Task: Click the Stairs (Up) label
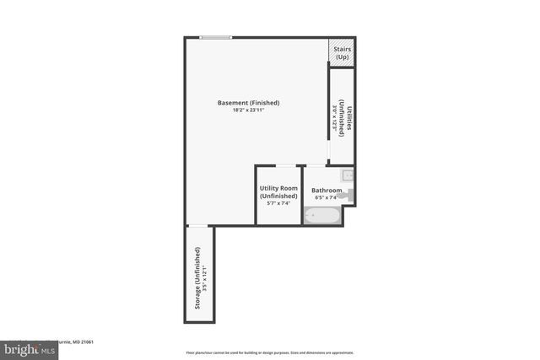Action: tap(342, 52)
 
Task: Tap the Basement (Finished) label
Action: tap(248, 103)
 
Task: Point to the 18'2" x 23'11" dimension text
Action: tap(248, 110)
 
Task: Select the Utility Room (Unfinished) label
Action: tap(278, 191)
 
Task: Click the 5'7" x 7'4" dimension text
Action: tap(278, 203)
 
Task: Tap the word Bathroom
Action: tap(327, 191)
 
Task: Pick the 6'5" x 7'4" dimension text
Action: tap(327, 198)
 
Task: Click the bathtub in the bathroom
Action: tap(321, 216)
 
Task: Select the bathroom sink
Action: tap(348, 175)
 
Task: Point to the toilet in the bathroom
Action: tap(349, 195)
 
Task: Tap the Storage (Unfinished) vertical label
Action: tap(197, 278)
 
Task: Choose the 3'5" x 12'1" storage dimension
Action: tap(204, 278)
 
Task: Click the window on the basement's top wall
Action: tap(216, 37)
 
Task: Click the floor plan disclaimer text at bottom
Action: tap(269, 352)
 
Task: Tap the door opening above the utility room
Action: tap(286, 165)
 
